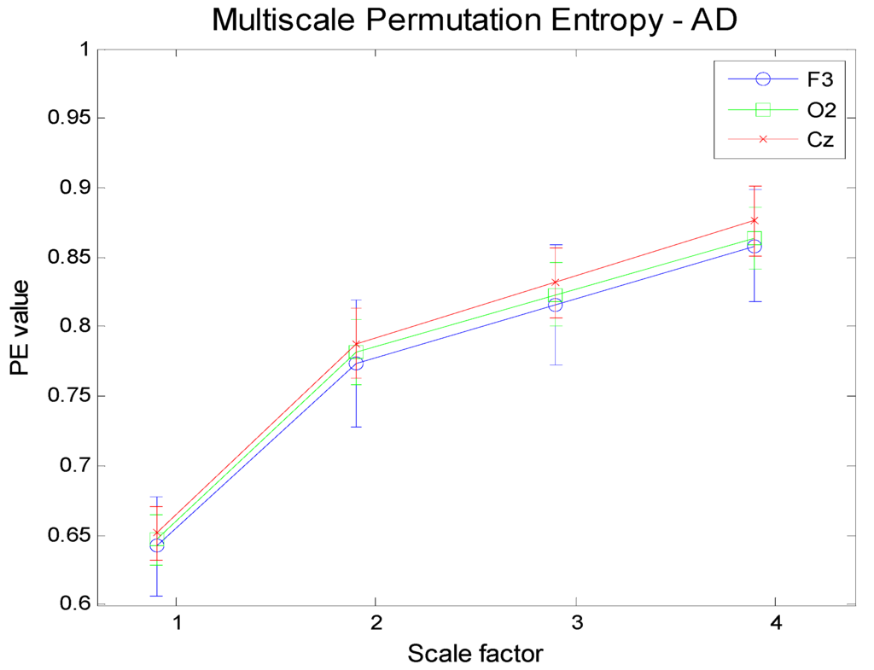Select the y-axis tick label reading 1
84,49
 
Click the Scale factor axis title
475,654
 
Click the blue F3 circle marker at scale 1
156,545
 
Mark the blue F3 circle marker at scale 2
356,364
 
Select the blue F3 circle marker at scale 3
556,304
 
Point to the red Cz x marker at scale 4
755,220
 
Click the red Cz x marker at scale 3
556,282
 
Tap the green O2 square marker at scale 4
755,238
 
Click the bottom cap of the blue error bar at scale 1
156,596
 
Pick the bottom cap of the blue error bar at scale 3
556,364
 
